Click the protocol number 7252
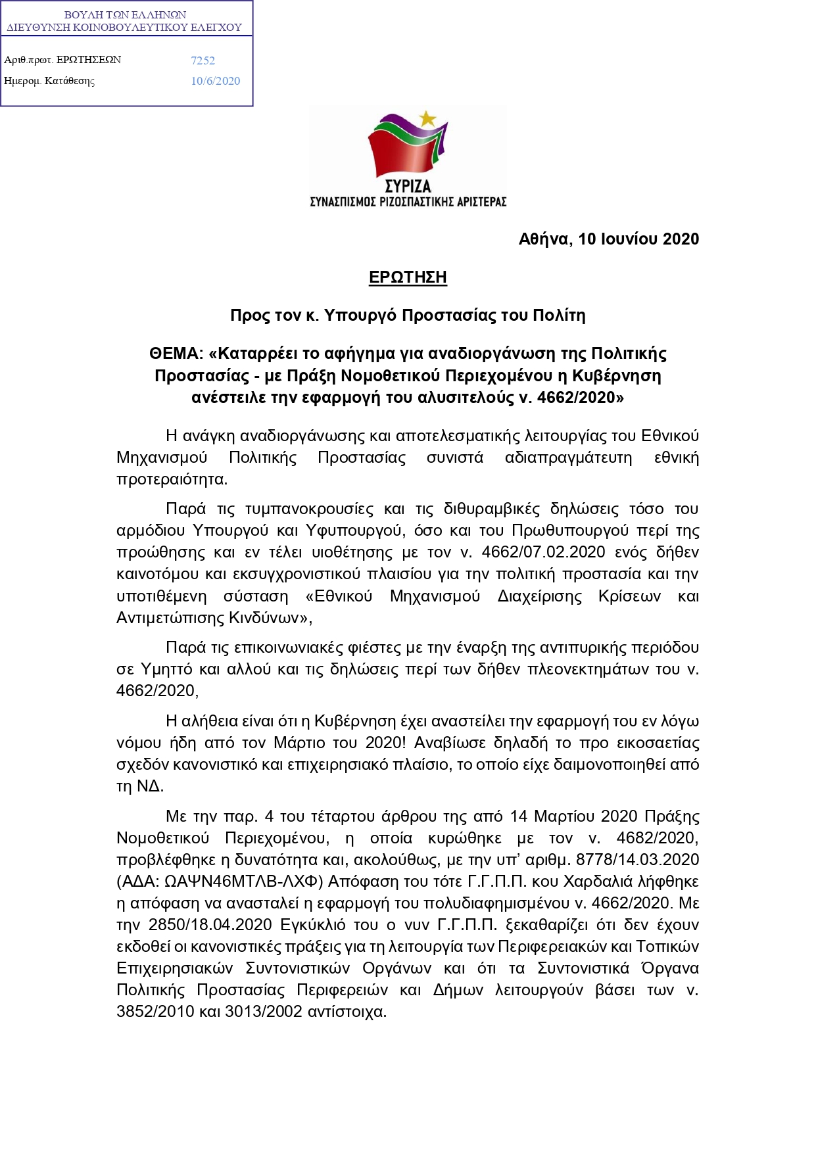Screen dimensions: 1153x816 203,60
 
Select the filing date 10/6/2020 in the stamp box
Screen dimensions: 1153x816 215,81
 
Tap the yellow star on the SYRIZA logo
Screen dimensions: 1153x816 427,119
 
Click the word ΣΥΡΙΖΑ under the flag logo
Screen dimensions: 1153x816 408,187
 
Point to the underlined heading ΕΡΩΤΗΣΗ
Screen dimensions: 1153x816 408,277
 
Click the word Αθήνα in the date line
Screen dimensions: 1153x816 544,239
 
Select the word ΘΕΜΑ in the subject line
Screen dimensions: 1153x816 174,354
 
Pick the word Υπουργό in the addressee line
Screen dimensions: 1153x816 360,316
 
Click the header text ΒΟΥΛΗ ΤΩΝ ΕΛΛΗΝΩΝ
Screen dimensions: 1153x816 125,14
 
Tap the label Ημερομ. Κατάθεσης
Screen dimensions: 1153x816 49,81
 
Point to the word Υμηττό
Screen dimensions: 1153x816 166,669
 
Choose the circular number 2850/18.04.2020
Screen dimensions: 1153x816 210,925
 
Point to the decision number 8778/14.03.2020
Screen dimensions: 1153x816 637,860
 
